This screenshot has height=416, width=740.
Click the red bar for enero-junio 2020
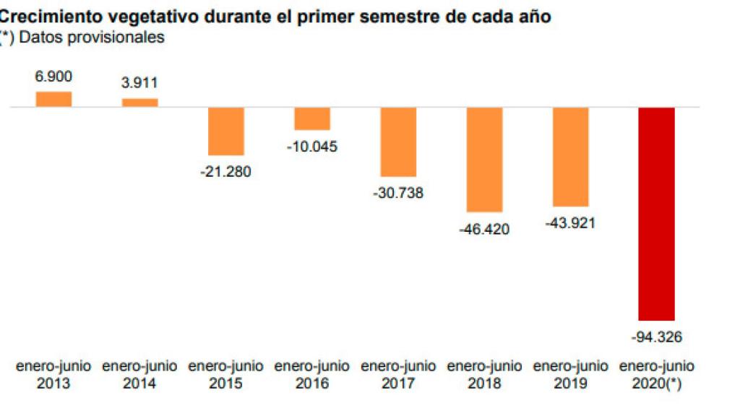pos(656,213)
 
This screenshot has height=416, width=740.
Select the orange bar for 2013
pos(53,100)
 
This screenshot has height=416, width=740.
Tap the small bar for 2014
pos(139,103)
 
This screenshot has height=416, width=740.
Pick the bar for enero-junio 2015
pos(226,131)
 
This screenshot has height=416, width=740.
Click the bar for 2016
pos(312,118)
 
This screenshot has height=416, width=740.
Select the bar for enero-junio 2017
pos(398,142)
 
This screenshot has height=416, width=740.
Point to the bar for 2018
pos(484,159)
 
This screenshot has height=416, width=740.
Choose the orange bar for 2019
pos(570,157)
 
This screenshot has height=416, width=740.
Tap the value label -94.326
pos(656,337)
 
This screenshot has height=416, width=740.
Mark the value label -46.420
pos(484,229)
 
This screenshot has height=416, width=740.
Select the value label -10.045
pos(312,147)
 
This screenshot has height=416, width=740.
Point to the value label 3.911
pos(139,83)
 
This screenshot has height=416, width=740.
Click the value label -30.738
pos(398,193)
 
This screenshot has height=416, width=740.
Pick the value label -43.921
pos(570,223)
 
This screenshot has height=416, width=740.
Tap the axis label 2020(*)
pos(656,383)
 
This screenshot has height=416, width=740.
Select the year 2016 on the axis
pos(312,383)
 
